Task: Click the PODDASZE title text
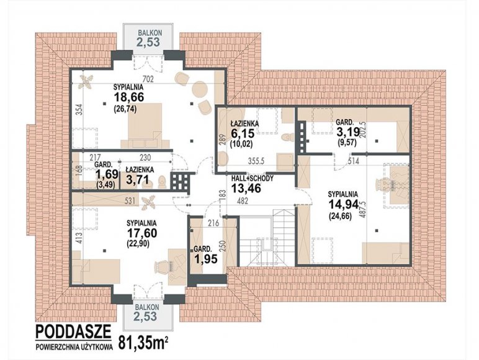point(73,331)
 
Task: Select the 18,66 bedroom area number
point(129,97)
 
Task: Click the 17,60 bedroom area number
point(142,233)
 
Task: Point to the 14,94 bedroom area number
point(343,204)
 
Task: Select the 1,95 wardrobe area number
point(206,259)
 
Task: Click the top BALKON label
point(150,32)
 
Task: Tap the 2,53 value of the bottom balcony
point(145,316)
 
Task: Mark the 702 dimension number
point(148,79)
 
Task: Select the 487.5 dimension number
point(363,209)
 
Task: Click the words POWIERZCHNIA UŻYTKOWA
point(74,347)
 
